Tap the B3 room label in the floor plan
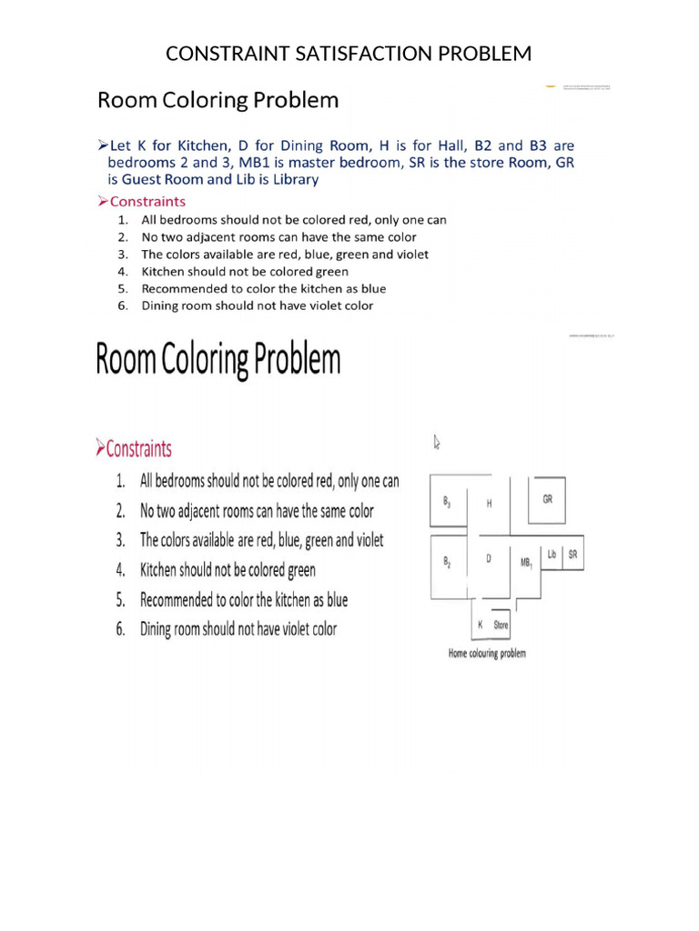coord(447,502)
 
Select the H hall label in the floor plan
coord(489,503)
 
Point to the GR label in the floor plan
coord(547,499)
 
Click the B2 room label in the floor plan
coord(447,562)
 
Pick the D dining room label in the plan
coord(489,559)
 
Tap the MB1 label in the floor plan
coord(526,564)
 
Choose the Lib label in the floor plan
coord(552,554)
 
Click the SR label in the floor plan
coord(572,554)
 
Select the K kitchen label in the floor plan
coord(480,625)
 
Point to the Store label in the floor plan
coord(501,625)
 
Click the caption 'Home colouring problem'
coord(487,653)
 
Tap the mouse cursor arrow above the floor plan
coord(437,442)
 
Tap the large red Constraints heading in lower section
coord(138,448)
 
